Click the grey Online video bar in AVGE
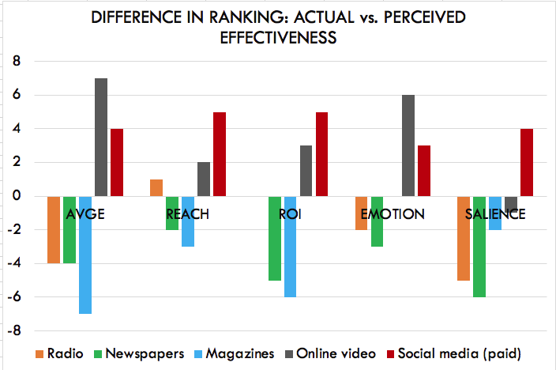pyautogui.click(x=101, y=137)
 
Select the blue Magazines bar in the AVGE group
pyautogui.click(x=85, y=255)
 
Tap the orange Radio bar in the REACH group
pyautogui.click(x=156, y=187)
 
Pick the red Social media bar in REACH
pyautogui.click(x=220, y=154)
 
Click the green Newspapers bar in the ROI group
pyautogui.click(x=275, y=238)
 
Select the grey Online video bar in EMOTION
pyautogui.click(x=408, y=145)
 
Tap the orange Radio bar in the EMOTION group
pyautogui.click(x=361, y=213)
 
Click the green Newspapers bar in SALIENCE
pyautogui.click(x=479, y=247)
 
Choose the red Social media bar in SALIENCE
pyautogui.click(x=527, y=162)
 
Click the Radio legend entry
pyautogui.click(x=59, y=353)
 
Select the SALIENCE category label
pyautogui.click(x=495, y=214)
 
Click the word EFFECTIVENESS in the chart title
pyautogui.click(x=278, y=39)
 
